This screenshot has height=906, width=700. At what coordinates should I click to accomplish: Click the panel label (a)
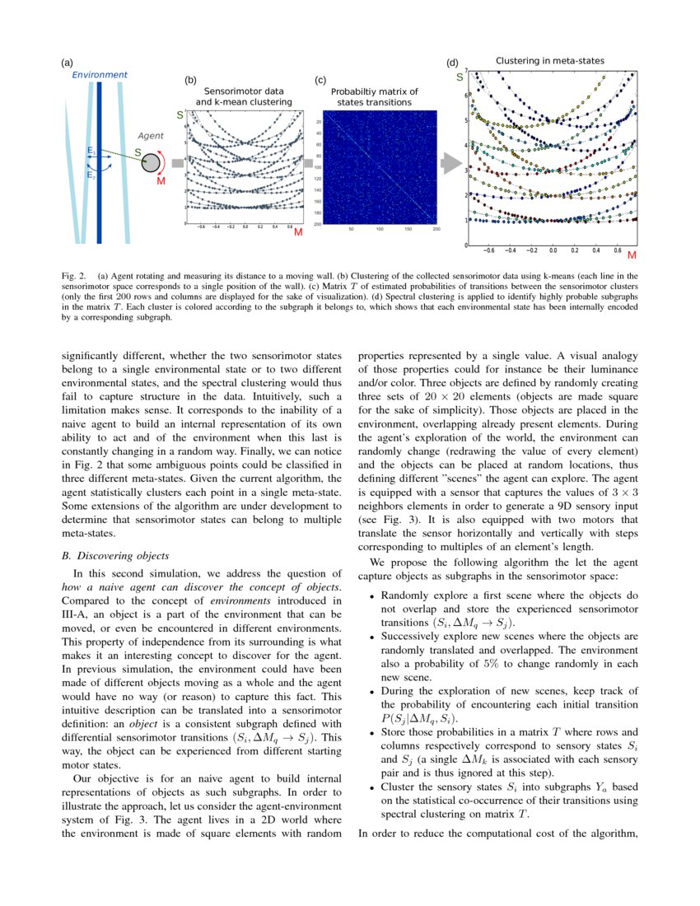coord(67,63)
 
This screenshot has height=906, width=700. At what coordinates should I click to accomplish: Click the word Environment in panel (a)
coord(99,75)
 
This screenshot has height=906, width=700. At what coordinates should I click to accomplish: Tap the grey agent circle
coord(151,164)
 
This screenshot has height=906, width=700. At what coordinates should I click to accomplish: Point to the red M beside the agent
coord(161,180)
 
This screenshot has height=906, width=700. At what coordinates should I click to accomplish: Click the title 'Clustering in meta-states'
coord(549,61)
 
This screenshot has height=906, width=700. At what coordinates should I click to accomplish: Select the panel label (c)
coord(320,80)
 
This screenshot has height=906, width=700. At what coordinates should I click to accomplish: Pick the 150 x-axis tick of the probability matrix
coord(408,229)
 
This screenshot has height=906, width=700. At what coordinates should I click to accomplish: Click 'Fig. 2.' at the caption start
coord(74,275)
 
